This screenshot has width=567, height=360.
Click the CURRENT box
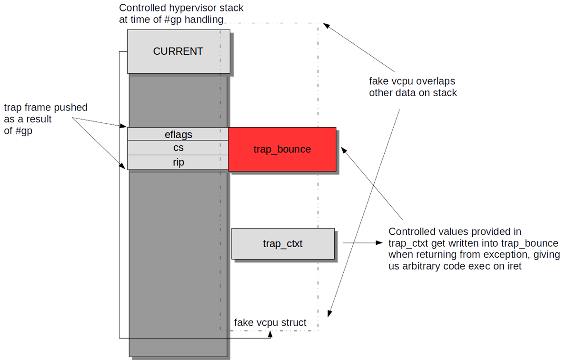[x=178, y=51]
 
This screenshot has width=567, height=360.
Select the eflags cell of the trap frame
[x=178, y=134]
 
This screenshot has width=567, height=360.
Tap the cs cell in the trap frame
[x=178, y=148]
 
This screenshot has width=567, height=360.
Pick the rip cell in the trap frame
[x=178, y=162]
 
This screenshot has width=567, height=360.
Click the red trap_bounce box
[x=282, y=149]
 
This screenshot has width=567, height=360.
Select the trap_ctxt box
[x=283, y=244]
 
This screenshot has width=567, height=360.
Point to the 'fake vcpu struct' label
[x=270, y=323]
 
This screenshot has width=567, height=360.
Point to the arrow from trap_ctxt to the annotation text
[x=362, y=243]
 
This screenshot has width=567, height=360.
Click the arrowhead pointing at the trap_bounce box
[x=343, y=150]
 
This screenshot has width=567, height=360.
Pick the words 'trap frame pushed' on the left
[x=45, y=108]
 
